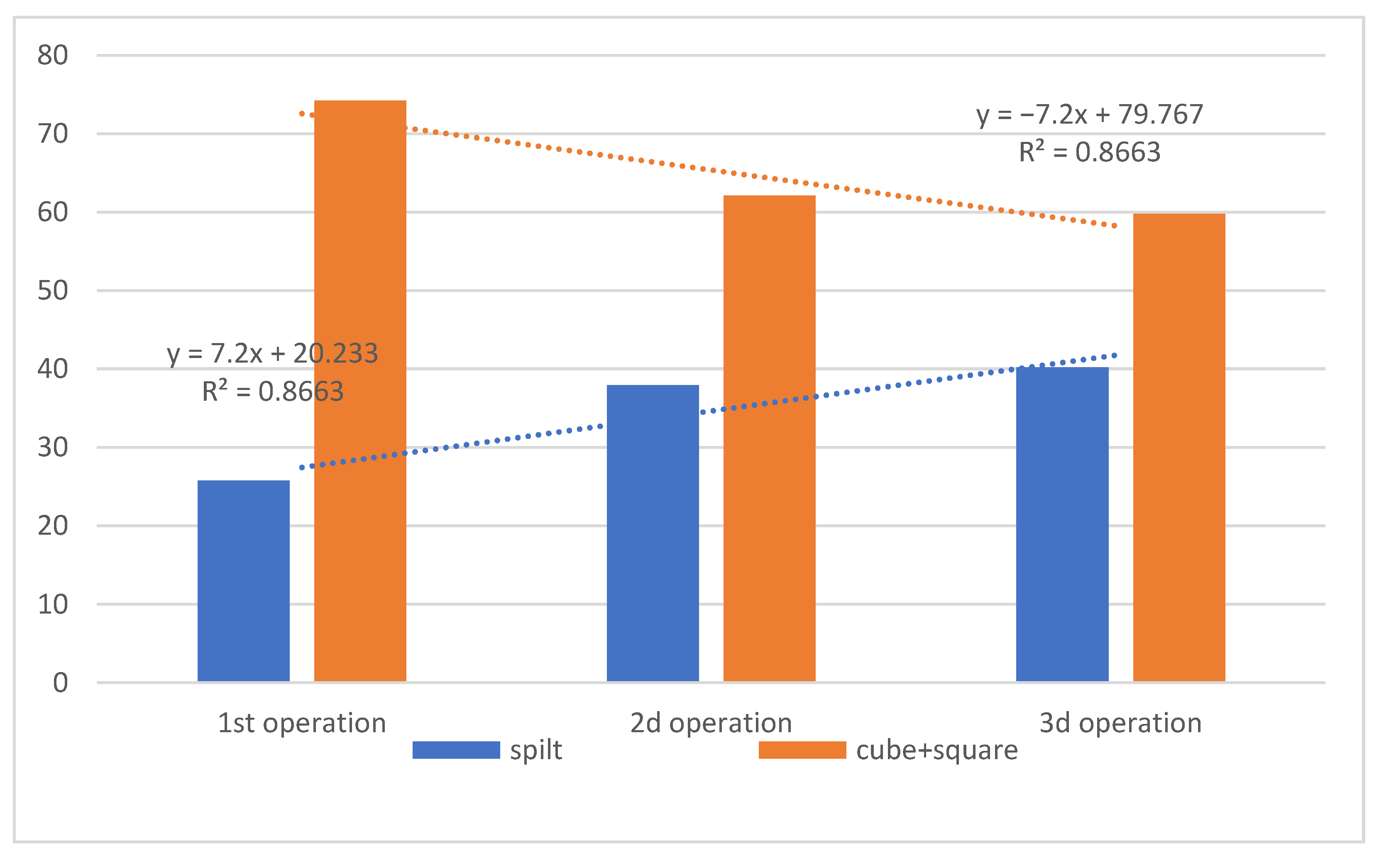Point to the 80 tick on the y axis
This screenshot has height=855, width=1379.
click(53, 56)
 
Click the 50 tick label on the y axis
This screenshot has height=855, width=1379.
click(53, 291)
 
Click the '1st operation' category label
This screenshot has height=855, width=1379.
click(302, 723)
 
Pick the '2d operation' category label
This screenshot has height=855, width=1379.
click(711, 723)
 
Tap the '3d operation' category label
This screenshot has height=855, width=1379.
click(1120, 723)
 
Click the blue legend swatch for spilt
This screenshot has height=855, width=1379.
click(456, 750)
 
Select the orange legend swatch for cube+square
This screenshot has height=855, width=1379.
click(802, 750)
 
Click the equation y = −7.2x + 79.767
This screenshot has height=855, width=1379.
click(1089, 115)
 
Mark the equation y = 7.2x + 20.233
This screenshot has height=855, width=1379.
click(272, 354)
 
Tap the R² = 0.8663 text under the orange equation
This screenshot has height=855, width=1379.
click(1089, 152)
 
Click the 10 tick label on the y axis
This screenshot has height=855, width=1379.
click(53, 604)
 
